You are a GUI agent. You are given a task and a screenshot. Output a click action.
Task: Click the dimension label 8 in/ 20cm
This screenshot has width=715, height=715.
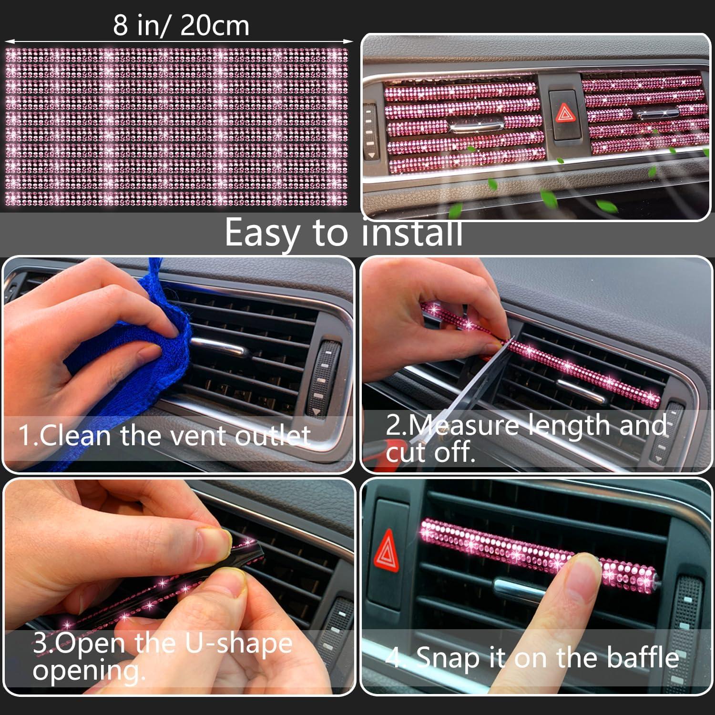(181, 26)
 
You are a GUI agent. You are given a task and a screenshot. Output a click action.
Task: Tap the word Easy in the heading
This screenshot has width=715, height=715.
(264, 233)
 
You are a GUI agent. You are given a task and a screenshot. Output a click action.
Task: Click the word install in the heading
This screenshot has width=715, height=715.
(412, 233)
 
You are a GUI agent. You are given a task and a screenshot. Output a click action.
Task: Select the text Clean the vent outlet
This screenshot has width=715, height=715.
(164, 435)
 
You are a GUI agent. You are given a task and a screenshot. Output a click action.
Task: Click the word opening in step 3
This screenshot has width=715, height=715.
(89, 671)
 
